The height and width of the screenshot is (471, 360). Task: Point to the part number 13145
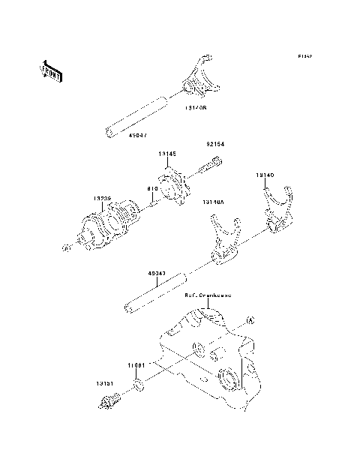coord(167,154)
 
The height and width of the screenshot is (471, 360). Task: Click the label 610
coord(153,188)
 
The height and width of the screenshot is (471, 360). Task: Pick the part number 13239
coord(103,199)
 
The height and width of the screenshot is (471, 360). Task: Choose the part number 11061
coord(135,364)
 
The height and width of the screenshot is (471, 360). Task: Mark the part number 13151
coord(104,382)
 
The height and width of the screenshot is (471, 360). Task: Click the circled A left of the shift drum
coord(67,247)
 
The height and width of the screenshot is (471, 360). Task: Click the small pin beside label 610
coord(152,200)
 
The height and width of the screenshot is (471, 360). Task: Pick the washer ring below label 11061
coord(139,386)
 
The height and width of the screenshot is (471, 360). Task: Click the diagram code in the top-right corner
coord(304,56)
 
